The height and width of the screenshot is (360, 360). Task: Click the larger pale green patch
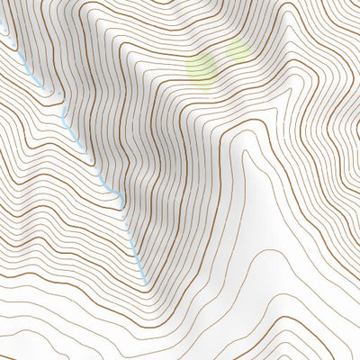click(x=202, y=66)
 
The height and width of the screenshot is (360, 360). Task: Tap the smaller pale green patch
click(x=236, y=50)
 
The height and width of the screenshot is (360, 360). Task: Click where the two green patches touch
click(x=220, y=58)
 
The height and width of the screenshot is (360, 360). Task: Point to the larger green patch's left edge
click(x=186, y=66)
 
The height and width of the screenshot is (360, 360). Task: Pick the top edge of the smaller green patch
click(x=236, y=39)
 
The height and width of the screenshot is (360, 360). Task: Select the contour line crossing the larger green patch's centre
click(x=202, y=67)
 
